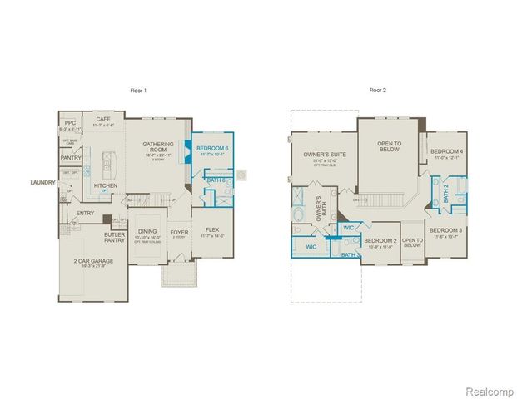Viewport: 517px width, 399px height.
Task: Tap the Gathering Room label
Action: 157,143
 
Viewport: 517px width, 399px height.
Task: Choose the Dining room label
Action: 147,232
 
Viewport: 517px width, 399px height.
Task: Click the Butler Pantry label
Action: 114,236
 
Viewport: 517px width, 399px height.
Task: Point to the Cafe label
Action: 104,119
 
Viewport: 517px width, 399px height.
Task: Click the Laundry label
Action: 43,182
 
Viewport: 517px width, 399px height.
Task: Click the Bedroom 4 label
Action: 447,151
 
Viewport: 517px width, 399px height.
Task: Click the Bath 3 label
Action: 351,254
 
